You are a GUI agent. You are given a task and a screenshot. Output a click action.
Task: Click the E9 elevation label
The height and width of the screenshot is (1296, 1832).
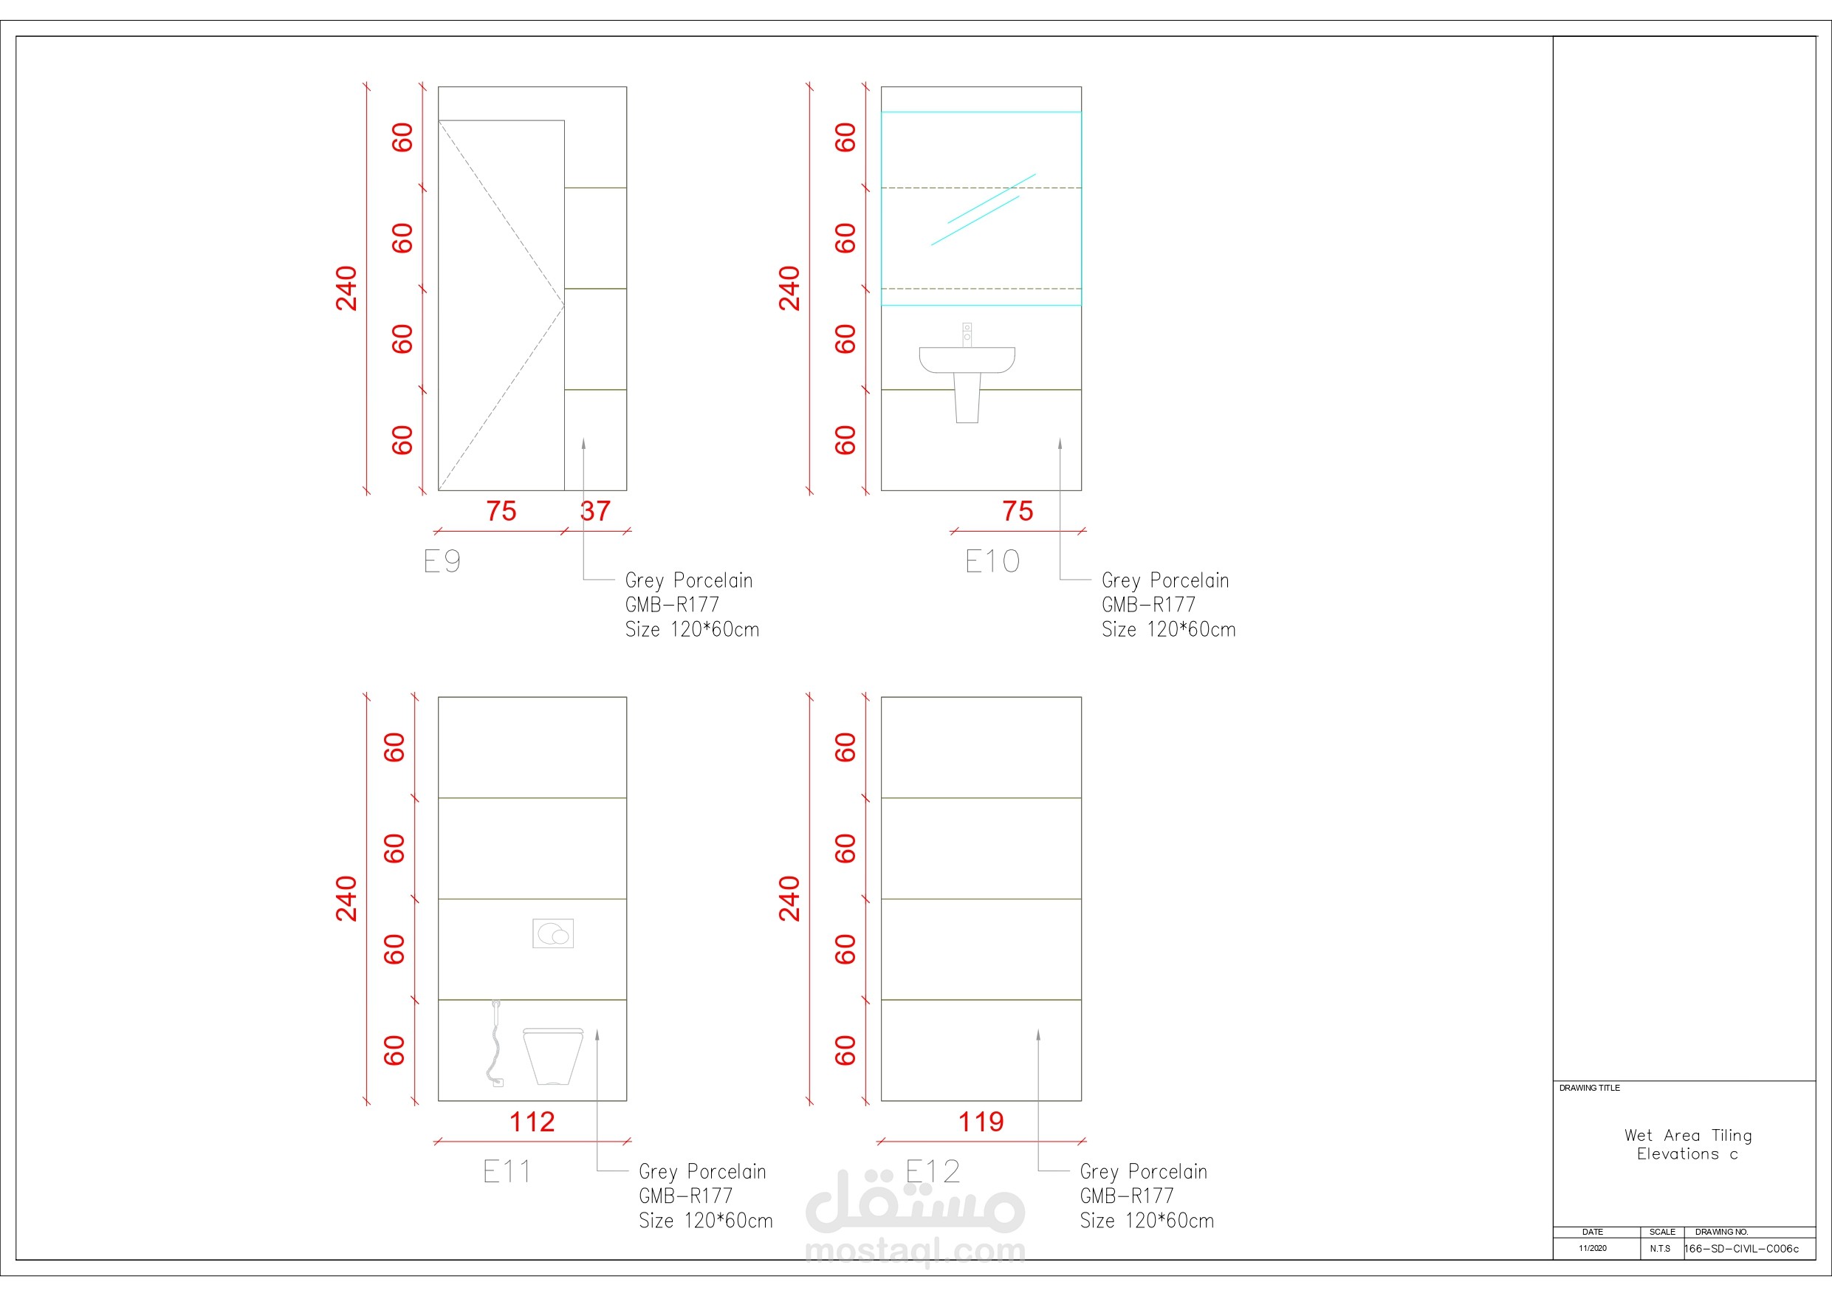click(442, 561)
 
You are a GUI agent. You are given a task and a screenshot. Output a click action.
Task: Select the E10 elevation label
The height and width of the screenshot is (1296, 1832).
click(992, 561)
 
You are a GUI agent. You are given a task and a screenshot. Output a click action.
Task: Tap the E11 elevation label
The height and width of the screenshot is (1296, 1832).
click(507, 1171)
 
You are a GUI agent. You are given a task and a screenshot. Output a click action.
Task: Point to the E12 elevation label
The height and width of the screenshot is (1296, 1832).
click(933, 1171)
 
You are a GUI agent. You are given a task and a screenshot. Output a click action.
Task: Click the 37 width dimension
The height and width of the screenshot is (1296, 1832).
click(595, 511)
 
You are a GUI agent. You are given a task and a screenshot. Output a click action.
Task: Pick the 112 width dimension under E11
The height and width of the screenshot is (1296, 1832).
click(532, 1122)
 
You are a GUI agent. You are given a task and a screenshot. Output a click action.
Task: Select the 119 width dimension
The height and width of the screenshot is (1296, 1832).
click(981, 1122)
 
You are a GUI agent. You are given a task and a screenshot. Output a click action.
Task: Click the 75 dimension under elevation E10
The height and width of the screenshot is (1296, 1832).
click(1018, 511)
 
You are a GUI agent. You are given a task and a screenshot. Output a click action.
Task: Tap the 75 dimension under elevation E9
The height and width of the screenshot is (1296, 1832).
click(501, 511)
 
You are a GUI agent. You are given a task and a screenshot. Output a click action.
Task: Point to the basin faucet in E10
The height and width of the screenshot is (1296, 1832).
click(967, 335)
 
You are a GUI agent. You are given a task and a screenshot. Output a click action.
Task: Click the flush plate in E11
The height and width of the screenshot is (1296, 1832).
click(553, 933)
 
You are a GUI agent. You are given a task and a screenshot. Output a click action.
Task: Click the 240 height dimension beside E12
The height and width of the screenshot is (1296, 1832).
click(789, 899)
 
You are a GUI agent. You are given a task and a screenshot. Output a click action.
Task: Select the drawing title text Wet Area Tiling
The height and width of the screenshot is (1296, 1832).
click(1688, 1135)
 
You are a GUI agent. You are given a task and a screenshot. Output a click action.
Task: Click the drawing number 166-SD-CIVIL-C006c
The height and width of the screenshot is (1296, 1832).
click(1742, 1249)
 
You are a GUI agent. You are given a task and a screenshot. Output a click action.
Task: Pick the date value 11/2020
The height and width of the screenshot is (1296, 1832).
click(1593, 1248)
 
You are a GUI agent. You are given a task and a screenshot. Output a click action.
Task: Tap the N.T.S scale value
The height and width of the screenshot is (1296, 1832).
click(1661, 1248)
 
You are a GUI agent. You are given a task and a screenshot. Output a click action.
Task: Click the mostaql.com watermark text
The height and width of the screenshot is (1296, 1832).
click(915, 1251)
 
